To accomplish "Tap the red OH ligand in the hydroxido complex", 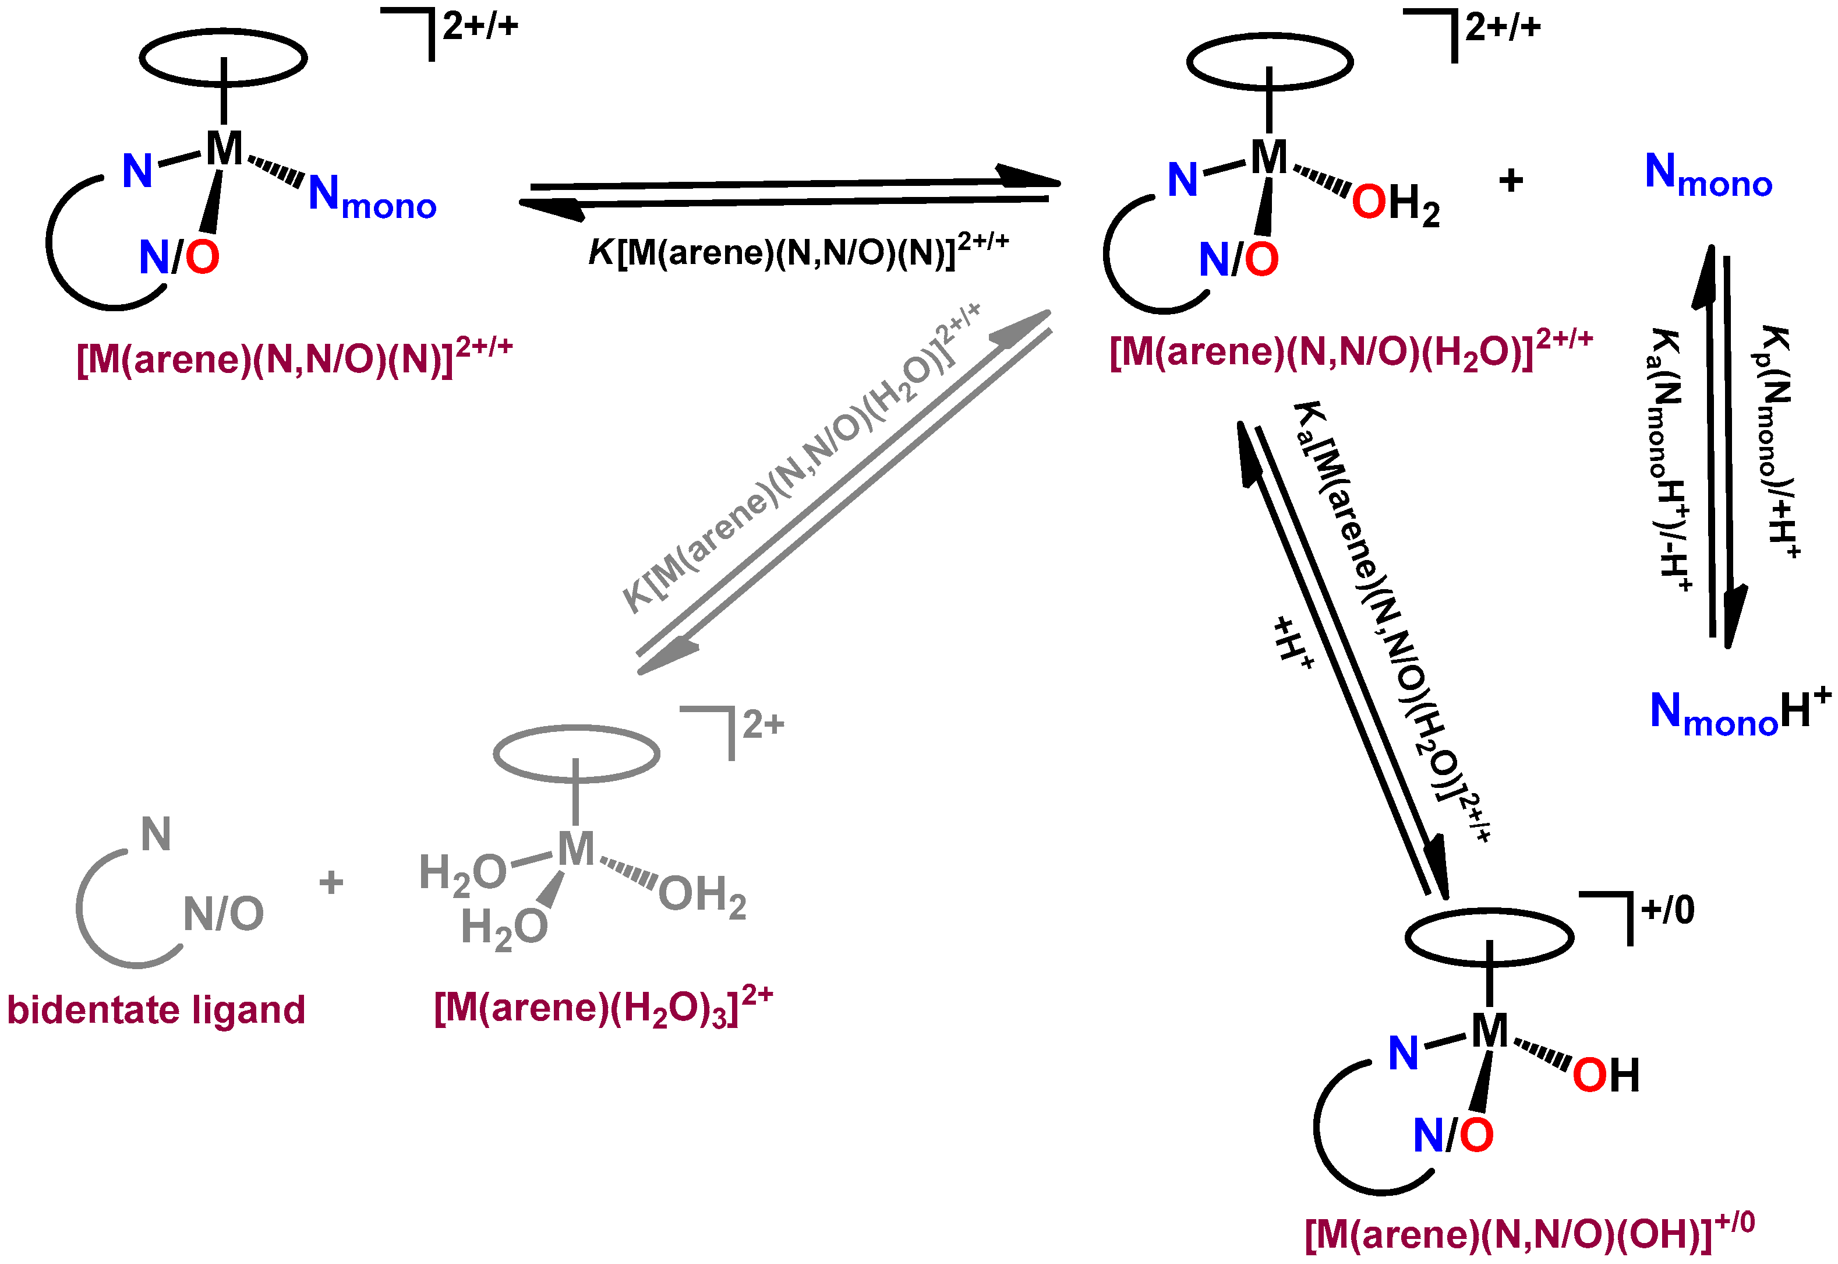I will click(1604, 1076).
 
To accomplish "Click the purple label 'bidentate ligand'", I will click(156, 1011).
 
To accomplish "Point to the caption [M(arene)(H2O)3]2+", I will click(602, 1008).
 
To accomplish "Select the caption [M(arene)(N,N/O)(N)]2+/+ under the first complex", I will click(294, 358).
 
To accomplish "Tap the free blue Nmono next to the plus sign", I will click(1708, 174).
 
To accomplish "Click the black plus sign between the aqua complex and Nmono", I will click(1510, 181).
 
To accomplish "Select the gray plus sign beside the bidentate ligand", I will click(331, 882).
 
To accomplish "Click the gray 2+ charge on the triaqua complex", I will click(762, 724).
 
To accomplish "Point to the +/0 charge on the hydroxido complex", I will click(1667, 910).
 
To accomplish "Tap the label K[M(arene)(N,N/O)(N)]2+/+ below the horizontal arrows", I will click(798, 252).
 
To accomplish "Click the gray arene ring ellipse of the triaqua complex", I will click(576, 753).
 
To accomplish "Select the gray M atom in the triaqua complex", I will click(575, 849).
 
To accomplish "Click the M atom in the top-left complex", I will click(224, 148).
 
